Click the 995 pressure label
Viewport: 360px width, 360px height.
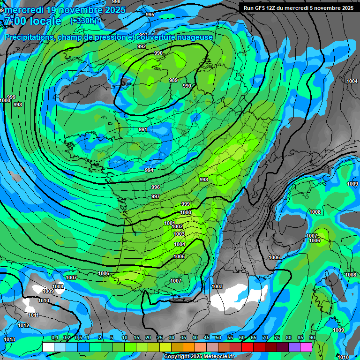(150, 15)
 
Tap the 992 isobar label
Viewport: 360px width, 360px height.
(142, 46)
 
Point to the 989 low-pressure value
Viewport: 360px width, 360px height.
(173, 80)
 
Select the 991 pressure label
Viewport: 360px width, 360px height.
(143, 129)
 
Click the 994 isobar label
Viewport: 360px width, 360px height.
(149, 170)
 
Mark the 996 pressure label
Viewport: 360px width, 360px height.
(156, 187)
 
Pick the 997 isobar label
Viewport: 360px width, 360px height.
(156, 196)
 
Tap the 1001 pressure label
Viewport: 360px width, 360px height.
(170, 223)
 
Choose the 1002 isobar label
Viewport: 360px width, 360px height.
(177, 226)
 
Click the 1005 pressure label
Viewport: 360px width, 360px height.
(179, 256)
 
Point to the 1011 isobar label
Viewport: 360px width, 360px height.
(33, 315)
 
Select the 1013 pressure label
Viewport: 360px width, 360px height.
(9, 339)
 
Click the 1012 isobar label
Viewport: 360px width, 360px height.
(23, 325)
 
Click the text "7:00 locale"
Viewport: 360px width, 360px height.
(32, 21)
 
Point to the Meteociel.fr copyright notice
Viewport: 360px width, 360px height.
(199, 356)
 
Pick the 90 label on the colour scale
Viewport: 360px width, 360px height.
(312, 338)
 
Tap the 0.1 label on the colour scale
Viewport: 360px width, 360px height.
(54, 338)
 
